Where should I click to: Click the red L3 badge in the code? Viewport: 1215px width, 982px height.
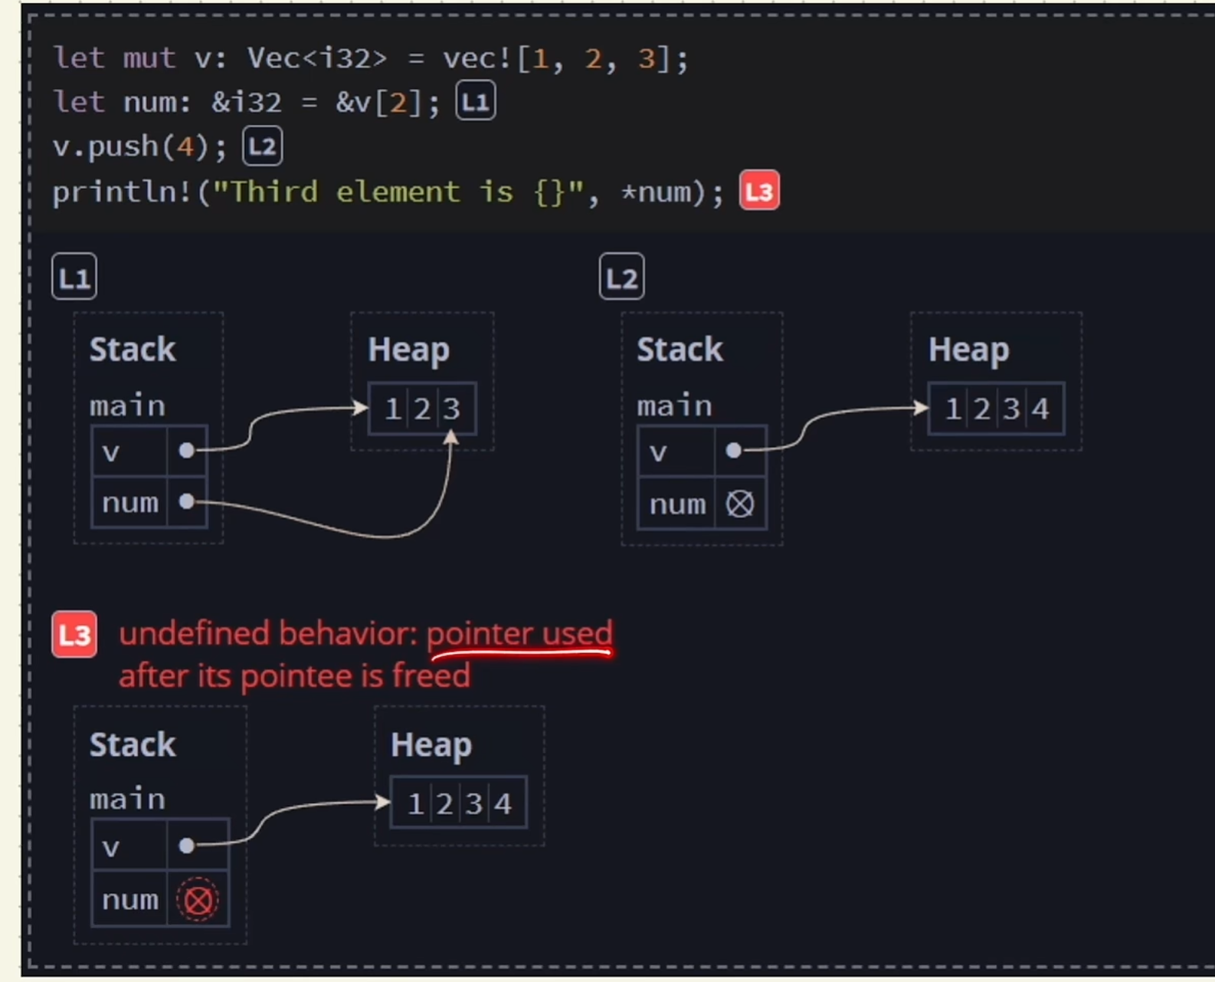point(759,191)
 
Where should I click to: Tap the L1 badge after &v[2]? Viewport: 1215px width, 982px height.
point(476,102)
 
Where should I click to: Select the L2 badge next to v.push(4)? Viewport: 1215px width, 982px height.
point(263,146)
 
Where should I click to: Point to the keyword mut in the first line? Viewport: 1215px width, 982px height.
point(149,58)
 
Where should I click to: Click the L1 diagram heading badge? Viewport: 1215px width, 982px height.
point(74,277)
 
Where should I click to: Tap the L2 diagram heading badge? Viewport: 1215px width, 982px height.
point(621,277)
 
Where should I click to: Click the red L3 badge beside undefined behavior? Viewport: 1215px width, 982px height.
point(74,635)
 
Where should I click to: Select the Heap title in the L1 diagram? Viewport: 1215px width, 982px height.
point(408,350)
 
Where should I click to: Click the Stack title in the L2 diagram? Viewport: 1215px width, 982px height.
point(680,350)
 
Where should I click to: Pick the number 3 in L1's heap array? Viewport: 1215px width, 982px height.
point(452,409)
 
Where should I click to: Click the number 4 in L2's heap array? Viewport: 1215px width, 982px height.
point(1040,409)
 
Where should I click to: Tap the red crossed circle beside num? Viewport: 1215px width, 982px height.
point(198,900)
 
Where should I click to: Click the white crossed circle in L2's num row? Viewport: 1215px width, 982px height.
point(739,504)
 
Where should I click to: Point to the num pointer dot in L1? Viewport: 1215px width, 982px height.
point(186,501)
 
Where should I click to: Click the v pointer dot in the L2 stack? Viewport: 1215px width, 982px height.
point(733,451)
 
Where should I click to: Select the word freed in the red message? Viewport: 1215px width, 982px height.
point(431,676)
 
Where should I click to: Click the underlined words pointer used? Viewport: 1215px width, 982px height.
point(519,634)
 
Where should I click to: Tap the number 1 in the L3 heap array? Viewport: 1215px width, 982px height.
point(415,804)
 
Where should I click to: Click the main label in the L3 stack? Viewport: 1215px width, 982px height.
point(127,799)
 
